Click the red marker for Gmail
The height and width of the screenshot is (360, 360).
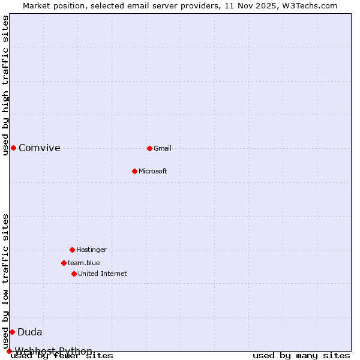(x=149, y=148)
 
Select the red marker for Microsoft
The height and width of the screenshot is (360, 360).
(x=134, y=171)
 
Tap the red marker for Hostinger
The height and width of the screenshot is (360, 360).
(x=72, y=250)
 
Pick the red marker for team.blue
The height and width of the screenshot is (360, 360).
(x=64, y=263)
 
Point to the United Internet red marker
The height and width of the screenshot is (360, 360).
(x=74, y=274)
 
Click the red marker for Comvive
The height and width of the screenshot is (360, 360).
(x=13, y=148)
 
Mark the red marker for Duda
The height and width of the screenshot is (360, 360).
(x=12, y=332)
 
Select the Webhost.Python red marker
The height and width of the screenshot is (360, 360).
(x=9, y=351)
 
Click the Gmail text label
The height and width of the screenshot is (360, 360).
(x=163, y=148)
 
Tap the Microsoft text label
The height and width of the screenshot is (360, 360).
(x=153, y=171)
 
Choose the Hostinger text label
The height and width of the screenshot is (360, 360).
(x=91, y=250)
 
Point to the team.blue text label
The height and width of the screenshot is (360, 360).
(x=84, y=263)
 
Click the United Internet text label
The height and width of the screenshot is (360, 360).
(x=103, y=274)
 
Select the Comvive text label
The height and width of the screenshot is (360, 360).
(x=40, y=148)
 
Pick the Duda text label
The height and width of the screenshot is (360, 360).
(x=30, y=332)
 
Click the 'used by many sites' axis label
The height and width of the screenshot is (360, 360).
(x=301, y=356)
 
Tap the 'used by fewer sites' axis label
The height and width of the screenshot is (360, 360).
(x=62, y=356)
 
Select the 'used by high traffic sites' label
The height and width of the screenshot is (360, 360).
(x=6, y=85)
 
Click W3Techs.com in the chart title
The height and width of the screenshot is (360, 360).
(x=310, y=5)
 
